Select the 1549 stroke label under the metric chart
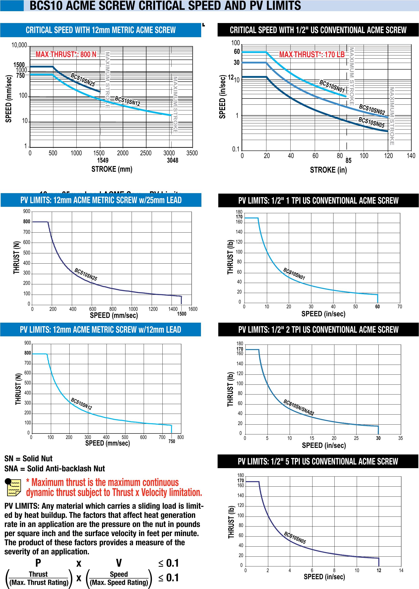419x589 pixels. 103,160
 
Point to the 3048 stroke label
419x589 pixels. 172,160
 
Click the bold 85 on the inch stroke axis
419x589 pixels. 348,161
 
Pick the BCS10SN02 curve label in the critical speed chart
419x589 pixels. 372,110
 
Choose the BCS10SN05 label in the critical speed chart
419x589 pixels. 371,122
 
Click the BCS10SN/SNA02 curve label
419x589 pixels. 299,407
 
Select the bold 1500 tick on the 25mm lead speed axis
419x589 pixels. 182,314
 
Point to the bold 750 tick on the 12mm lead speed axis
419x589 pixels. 172,441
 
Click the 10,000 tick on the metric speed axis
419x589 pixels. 19,46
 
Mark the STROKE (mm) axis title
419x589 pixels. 112,169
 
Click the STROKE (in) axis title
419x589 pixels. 328,170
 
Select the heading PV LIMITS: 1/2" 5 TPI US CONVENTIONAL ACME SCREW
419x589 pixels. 318,461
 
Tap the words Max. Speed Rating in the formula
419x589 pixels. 119,582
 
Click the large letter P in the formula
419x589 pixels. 38,563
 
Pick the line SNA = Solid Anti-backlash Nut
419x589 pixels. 55,468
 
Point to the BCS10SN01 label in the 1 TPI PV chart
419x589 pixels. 294,274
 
